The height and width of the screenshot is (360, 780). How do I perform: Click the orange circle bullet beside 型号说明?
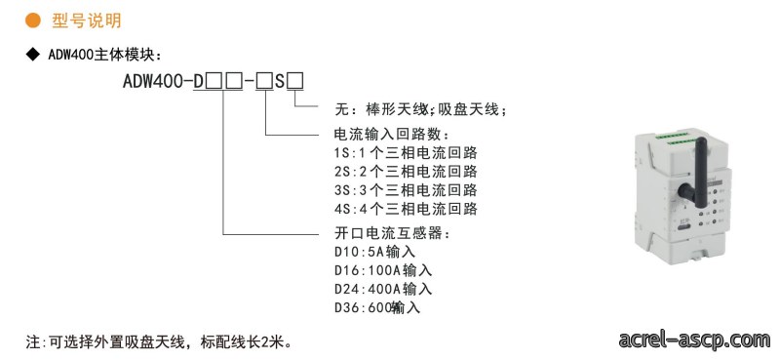(x=33, y=20)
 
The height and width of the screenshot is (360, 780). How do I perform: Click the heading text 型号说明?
(x=87, y=20)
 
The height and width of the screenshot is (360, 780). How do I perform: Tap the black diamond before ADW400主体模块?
(x=33, y=55)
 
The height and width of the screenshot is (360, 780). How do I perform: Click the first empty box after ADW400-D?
(x=214, y=81)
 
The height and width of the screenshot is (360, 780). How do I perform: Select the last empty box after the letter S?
(x=295, y=81)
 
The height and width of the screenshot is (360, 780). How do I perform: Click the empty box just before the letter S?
(x=264, y=81)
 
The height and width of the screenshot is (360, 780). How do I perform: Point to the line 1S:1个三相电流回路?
(x=406, y=152)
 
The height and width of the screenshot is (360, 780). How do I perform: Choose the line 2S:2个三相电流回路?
(x=406, y=172)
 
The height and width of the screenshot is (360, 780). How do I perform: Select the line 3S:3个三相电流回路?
(x=406, y=189)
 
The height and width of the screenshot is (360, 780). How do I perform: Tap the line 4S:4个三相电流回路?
(x=406, y=209)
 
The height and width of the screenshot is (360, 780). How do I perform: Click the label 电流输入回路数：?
(x=393, y=134)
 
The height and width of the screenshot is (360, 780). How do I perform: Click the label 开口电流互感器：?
(x=393, y=233)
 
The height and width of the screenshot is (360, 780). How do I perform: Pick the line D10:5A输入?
(x=375, y=252)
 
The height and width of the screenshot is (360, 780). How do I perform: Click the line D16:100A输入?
(x=383, y=270)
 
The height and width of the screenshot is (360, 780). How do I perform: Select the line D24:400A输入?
(x=383, y=289)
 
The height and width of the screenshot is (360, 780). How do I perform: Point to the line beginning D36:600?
(x=377, y=307)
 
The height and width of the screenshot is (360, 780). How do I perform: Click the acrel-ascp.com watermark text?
(x=695, y=340)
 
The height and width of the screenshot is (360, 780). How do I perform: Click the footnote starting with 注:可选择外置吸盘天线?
(x=159, y=342)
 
